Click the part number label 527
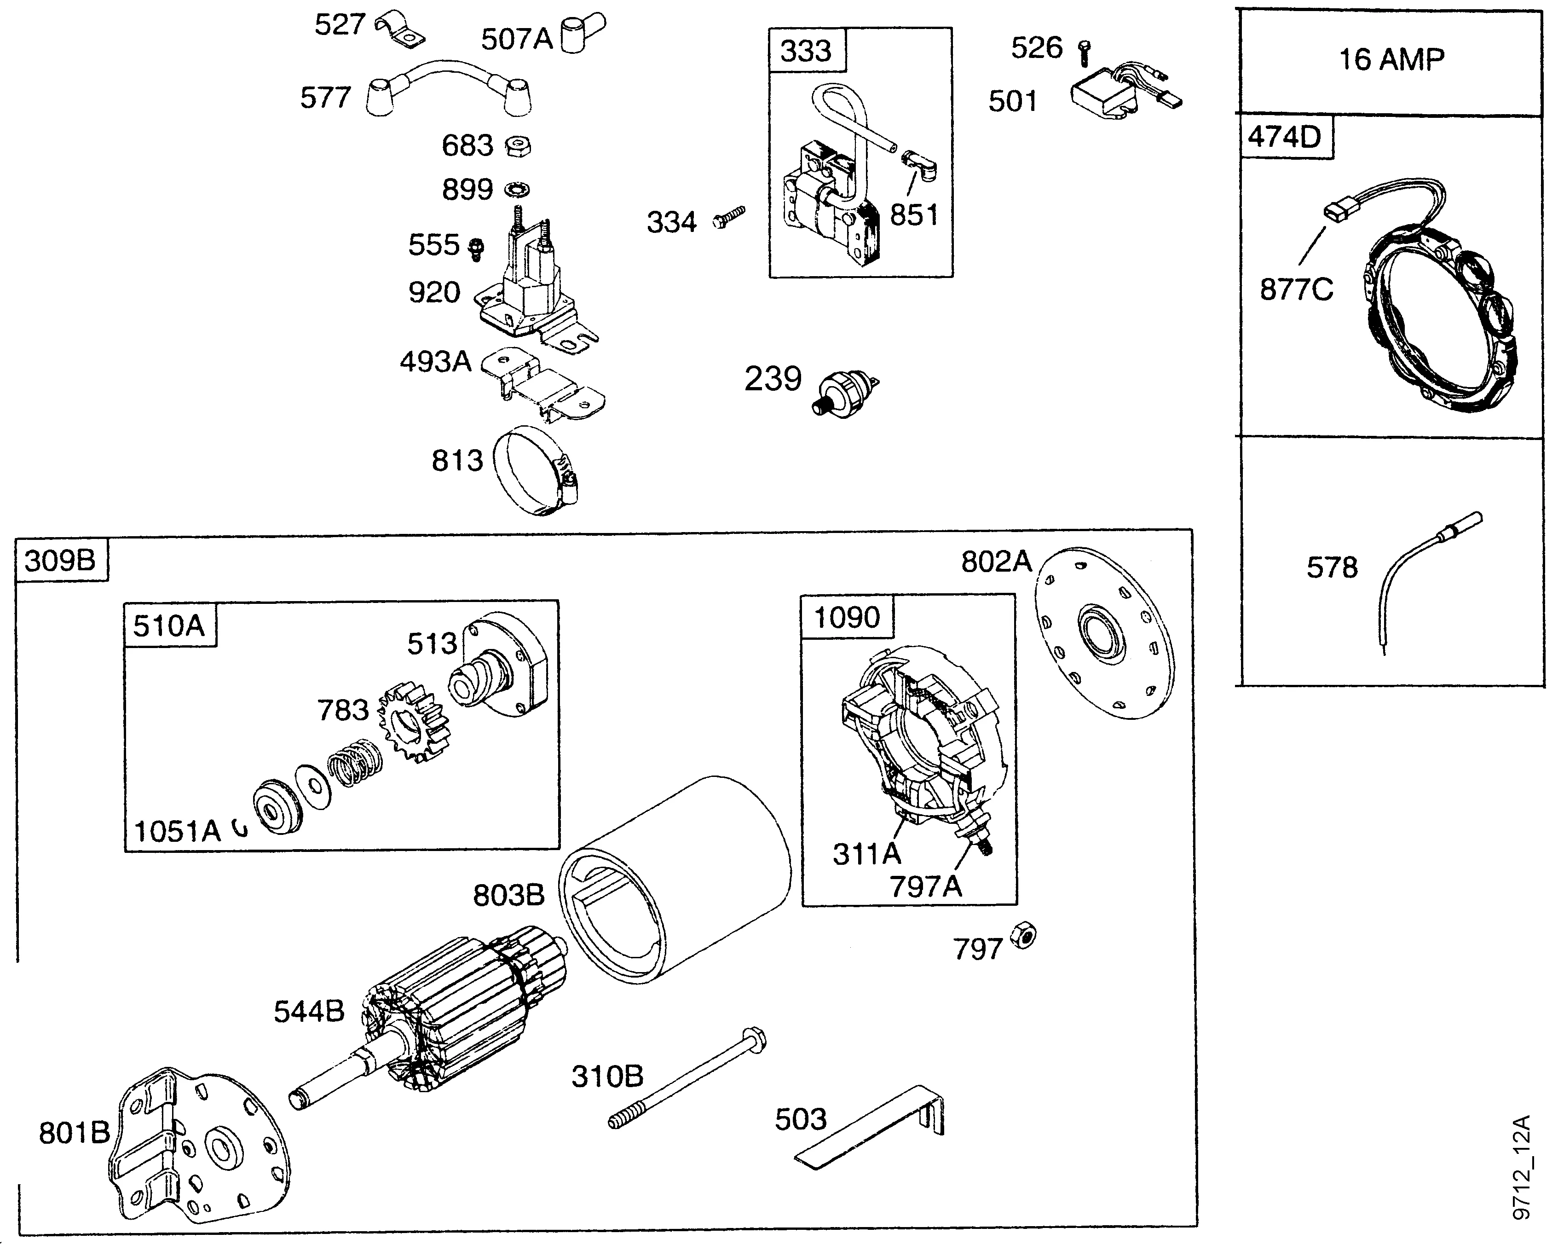coord(339,25)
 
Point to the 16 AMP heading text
coord(1391,59)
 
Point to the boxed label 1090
coord(846,617)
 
